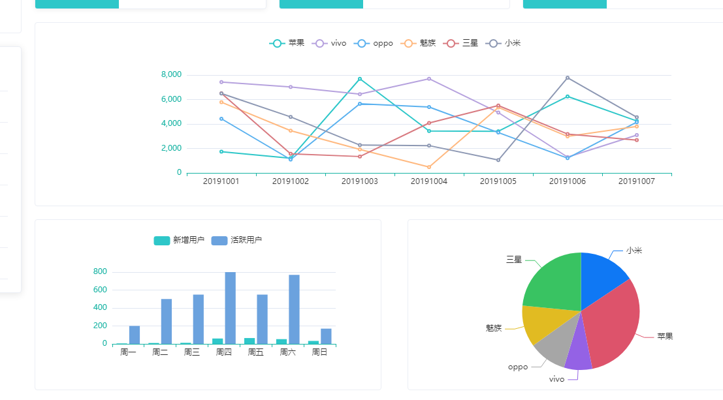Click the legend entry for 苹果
click(287, 43)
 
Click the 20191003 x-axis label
click(359, 181)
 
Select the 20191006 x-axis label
click(567, 181)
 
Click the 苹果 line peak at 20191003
click(360, 79)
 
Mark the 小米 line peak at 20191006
click(568, 78)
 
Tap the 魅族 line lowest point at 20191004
click(429, 167)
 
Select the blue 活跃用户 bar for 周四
click(231, 307)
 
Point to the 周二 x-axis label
click(160, 352)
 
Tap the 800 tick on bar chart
click(100, 271)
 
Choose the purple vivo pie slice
click(578, 358)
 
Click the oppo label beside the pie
click(518, 367)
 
